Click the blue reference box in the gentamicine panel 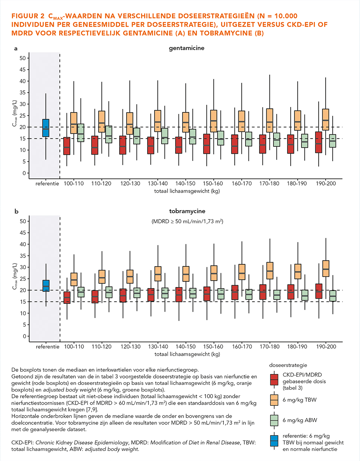tap(46, 128)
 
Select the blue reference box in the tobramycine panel tap(46, 286)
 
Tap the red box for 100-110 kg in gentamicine tap(67, 146)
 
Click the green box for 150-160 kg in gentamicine tap(221, 138)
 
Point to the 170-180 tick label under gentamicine tap(269, 184)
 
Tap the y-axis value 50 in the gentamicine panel tap(22, 58)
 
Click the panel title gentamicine tap(187, 49)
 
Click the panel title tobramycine tap(187, 211)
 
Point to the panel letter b tap(16, 211)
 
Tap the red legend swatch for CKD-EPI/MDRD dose tap(274, 379)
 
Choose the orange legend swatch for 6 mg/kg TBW tap(274, 400)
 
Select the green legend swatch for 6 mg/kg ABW tap(274, 420)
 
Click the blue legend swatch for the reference tap(274, 440)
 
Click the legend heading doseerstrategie tap(288, 365)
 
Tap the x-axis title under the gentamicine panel tap(187, 191)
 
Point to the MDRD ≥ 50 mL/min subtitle tap(187, 221)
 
